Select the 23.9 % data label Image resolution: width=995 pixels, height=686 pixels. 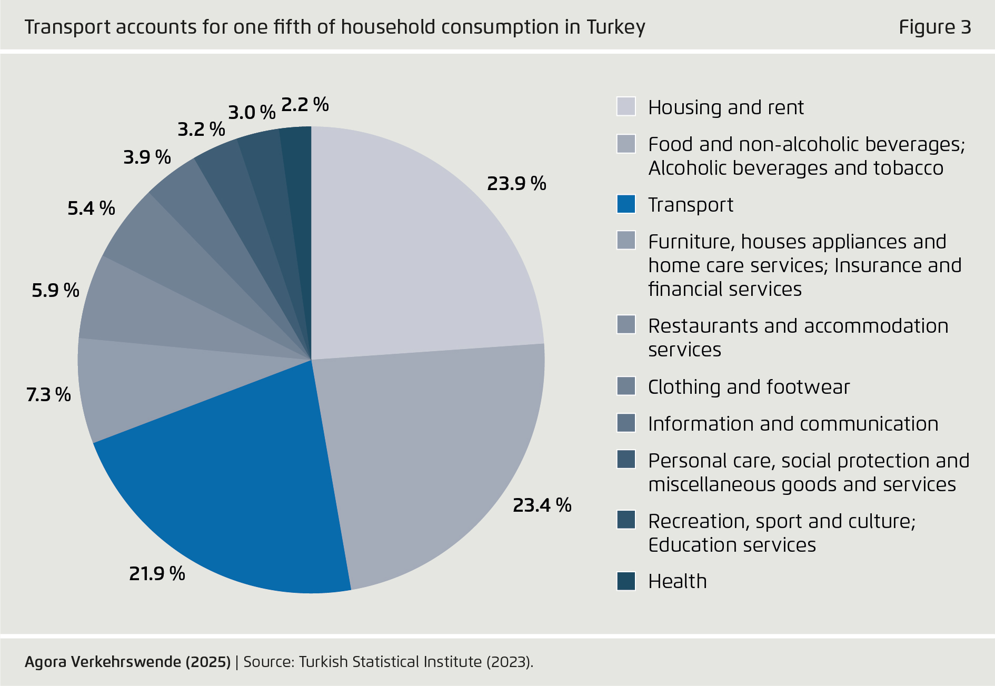click(516, 184)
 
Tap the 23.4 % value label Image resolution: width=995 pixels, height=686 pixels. click(542, 505)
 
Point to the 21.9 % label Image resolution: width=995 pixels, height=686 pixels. click(157, 573)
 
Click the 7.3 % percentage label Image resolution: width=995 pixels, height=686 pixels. click(48, 394)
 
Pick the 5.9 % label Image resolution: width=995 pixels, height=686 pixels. click(55, 290)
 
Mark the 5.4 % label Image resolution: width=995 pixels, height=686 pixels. click(91, 208)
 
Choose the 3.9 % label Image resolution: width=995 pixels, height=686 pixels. click(147, 157)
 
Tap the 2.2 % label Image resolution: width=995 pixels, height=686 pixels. click(305, 105)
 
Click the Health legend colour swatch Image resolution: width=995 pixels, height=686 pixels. click(626, 581)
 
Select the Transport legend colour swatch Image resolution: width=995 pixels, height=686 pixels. click(626, 204)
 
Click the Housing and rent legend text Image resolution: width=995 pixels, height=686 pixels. click(725, 107)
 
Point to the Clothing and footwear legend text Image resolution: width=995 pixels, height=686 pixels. click(749, 387)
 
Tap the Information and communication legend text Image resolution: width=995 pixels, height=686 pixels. click(793, 424)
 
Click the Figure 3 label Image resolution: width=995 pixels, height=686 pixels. click(934, 27)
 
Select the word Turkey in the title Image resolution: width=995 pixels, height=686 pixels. click(615, 27)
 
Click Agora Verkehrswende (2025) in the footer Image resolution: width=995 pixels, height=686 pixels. click(127, 662)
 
